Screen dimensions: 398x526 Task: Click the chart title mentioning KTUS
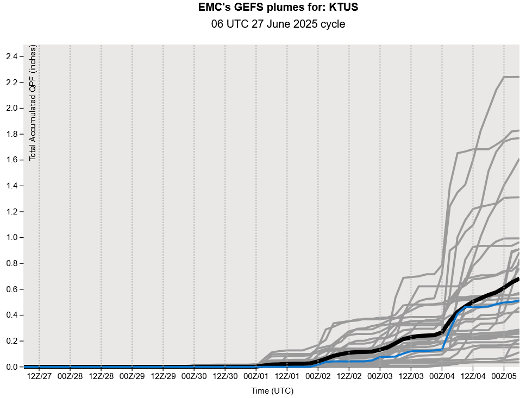278,8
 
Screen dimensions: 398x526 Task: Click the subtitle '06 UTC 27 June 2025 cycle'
278,24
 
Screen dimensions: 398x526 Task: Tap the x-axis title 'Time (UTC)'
272,390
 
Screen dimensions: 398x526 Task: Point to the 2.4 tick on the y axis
11,56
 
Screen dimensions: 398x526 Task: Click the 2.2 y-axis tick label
11,83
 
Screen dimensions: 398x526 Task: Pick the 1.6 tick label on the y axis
11,160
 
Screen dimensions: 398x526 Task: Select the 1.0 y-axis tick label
11,238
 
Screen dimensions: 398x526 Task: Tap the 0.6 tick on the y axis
11,289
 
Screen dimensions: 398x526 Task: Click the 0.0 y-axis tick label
11,367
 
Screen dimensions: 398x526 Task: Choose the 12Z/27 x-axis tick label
39,376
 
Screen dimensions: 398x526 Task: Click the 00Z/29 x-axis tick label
132,376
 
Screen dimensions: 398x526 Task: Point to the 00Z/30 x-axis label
194,376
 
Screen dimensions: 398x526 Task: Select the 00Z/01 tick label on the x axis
256,376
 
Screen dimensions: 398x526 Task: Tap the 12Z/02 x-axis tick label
349,376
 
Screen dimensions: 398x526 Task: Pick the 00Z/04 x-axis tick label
442,376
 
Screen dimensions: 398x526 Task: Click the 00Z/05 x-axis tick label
504,376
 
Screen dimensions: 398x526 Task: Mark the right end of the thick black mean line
518,279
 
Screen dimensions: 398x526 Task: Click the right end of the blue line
518,300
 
